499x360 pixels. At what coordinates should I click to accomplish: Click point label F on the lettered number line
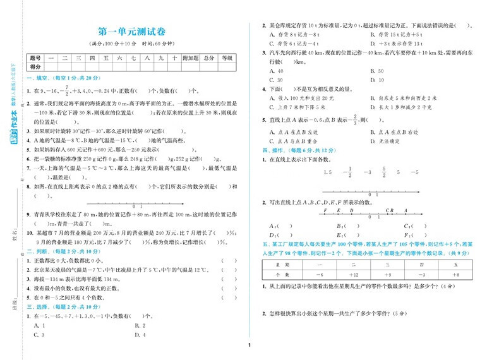point(325,210)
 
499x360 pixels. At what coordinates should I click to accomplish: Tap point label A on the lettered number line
point(406,210)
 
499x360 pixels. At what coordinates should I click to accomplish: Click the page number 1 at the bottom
point(250,345)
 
